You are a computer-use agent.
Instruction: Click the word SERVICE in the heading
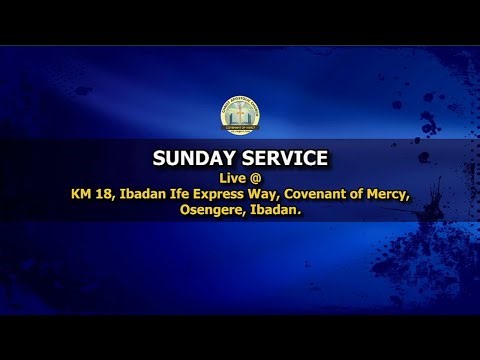pos(279,158)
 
